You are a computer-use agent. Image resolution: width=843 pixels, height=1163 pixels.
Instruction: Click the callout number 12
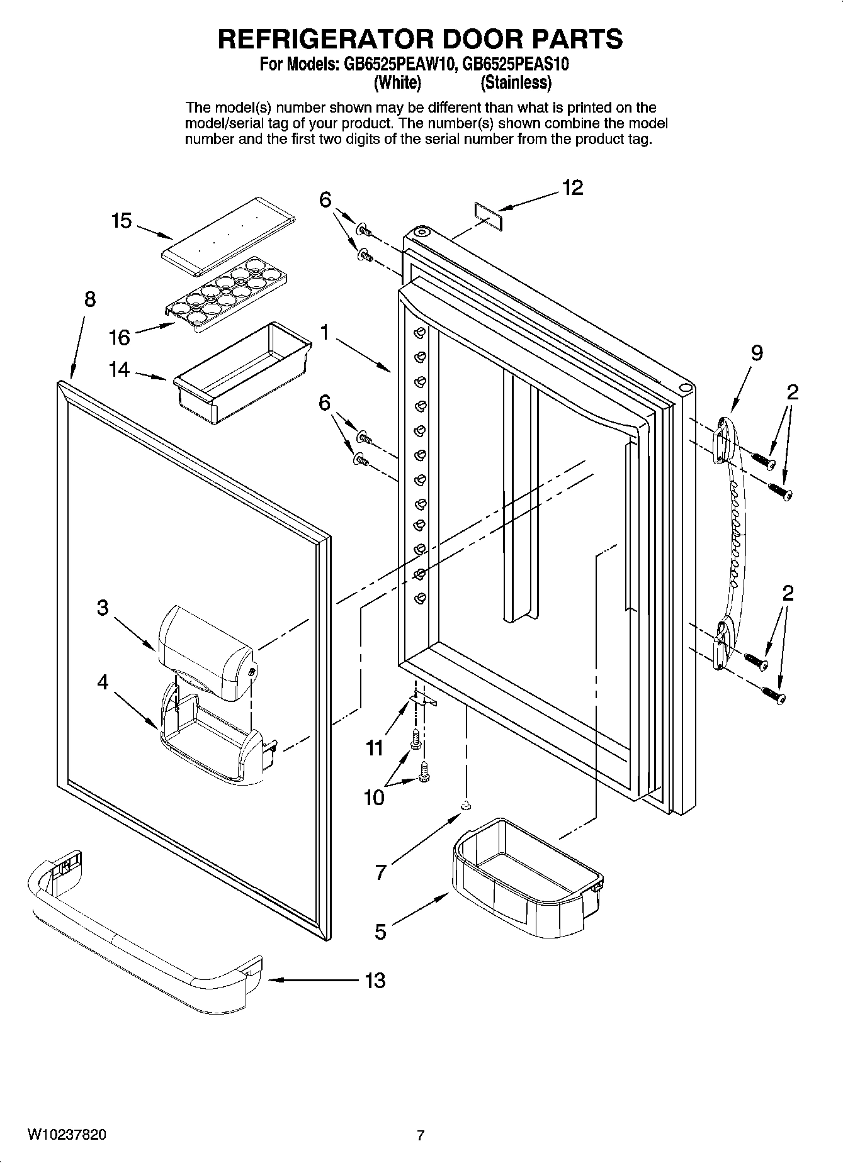coord(572,187)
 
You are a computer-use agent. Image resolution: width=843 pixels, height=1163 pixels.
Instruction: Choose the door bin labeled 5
coord(526,877)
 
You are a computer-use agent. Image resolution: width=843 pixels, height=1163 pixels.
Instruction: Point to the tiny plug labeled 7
coord(466,805)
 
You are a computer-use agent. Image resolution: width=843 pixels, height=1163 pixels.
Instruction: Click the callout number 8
coord(90,299)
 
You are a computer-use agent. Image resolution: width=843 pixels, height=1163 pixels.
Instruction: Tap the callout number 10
coord(374,798)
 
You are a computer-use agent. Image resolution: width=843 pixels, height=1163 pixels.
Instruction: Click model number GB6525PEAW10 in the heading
coord(397,65)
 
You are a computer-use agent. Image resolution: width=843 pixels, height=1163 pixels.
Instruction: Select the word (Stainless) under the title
coord(516,82)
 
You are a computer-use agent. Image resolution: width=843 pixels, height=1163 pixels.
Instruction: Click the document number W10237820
coord(66,1134)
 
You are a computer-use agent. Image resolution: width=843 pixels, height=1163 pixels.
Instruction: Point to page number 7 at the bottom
coord(421,1135)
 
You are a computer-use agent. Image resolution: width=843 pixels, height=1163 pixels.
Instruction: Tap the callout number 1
coord(325,331)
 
